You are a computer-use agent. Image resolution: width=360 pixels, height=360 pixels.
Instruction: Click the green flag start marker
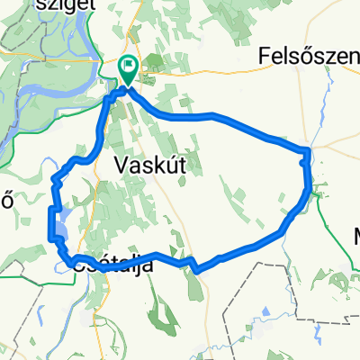tap(127, 66)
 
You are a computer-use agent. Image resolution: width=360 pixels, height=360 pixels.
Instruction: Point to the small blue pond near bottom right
tap(345, 286)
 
